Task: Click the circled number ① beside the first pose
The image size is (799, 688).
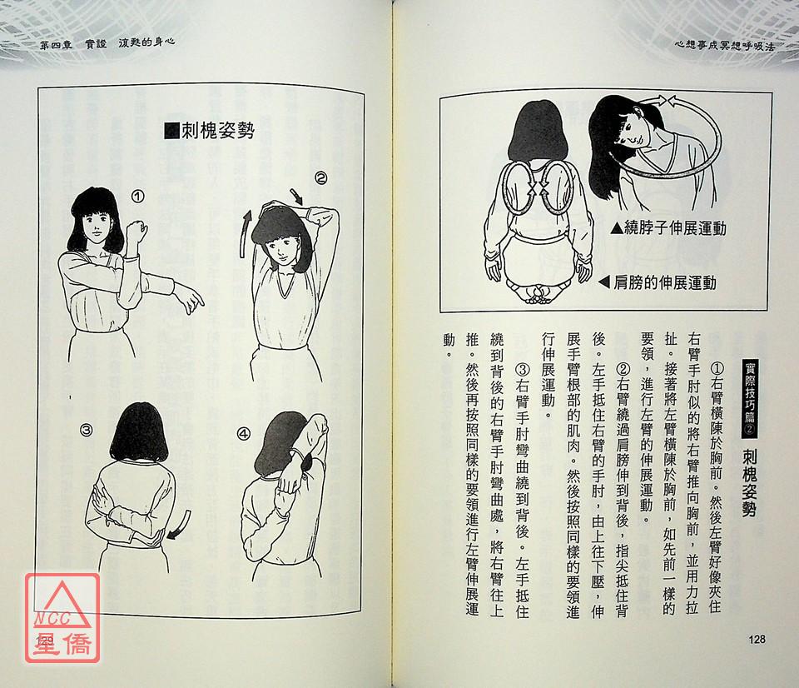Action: pyautogui.click(x=137, y=197)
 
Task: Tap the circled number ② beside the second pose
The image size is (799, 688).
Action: pyautogui.click(x=320, y=178)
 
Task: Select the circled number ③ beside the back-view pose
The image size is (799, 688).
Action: pyautogui.click(x=86, y=431)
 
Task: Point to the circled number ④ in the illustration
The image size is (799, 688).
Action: pyautogui.click(x=244, y=433)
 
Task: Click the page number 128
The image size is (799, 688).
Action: pyautogui.click(x=757, y=639)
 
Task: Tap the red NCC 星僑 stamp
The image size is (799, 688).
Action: pyautogui.click(x=62, y=618)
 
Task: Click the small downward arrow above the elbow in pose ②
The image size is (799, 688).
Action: pyautogui.click(x=296, y=197)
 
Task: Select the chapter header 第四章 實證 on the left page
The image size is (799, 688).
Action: pyautogui.click(x=73, y=44)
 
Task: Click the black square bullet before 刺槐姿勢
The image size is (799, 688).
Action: pyautogui.click(x=171, y=131)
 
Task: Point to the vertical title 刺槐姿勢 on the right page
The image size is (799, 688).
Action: pyautogui.click(x=749, y=483)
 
